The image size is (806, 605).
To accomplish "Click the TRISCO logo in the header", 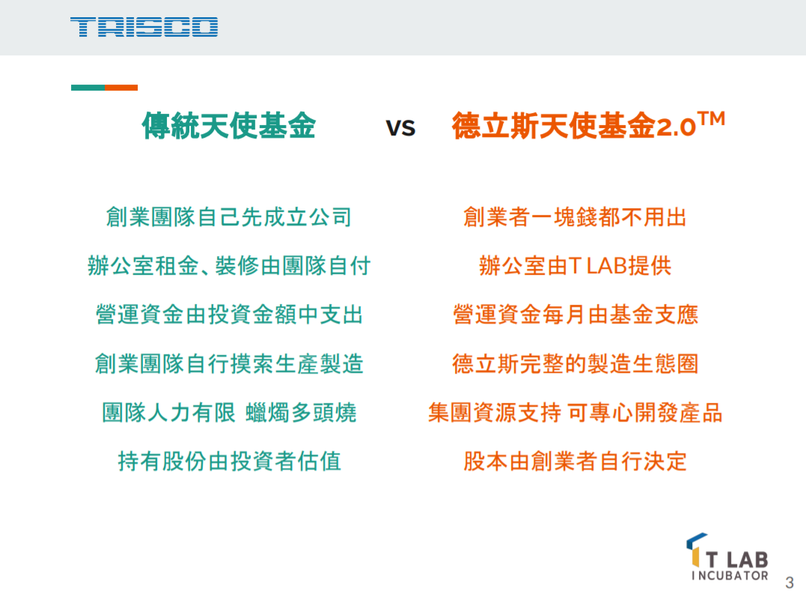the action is click(x=144, y=27).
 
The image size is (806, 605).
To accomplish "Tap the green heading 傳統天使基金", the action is click(x=229, y=126).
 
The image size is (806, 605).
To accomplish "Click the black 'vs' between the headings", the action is click(x=400, y=127).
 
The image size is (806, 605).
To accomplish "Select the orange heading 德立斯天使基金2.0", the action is click(x=574, y=126).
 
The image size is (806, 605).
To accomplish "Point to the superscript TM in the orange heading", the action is click(x=712, y=119).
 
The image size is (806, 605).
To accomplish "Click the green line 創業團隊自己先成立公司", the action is click(x=229, y=217).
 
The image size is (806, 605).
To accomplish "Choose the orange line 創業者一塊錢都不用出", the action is click(x=575, y=217).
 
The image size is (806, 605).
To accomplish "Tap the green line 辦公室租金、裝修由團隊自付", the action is click(x=229, y=266).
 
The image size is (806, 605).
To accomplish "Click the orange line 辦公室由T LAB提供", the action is click(x=576, y=266).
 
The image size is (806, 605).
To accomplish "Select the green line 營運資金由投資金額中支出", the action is click(x=229, y=314).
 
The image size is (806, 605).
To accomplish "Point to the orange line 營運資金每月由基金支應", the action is click(x=576, y=314).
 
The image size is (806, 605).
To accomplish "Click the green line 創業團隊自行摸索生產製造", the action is click(x=229, y=364).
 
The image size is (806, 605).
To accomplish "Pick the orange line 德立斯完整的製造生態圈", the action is click(x=576, y=364).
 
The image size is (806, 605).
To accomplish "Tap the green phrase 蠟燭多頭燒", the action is click(x=301, y=413).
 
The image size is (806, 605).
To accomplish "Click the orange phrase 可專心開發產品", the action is click(x=645, y=413).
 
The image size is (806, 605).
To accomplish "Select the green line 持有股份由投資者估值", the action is click(x=229, y=461).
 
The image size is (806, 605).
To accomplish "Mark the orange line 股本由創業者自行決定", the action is click(x=576, y=461).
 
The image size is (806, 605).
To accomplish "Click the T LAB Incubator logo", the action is click(x=727, y=557).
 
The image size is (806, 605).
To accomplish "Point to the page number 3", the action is click(x=790, y=583).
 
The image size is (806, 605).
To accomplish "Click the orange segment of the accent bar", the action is click(x=121, y=88).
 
